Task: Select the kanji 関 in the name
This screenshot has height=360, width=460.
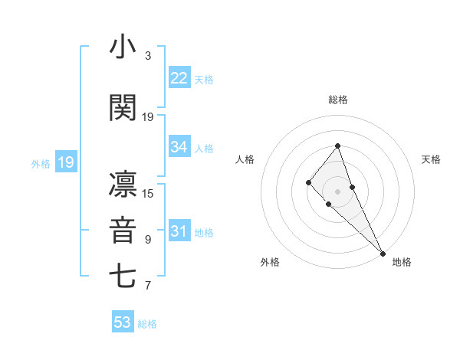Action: tap(123, 107)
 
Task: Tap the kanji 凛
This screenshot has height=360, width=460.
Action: tap(123, 184)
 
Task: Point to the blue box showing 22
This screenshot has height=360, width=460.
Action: tap(179, 77)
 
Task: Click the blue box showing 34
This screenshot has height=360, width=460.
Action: tap(179, 147)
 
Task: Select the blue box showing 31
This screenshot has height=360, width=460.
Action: tap(179, 231)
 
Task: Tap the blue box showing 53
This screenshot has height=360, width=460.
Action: tap(123, 322)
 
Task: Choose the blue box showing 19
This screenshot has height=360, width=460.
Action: tap(66, 162)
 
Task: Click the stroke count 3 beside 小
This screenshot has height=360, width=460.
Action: tap(147, 56)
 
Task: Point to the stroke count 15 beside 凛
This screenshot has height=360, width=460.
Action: tap(148, 193)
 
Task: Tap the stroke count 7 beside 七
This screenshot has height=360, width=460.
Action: tap(147, 286)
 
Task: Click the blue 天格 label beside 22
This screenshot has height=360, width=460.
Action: tap(204, 79)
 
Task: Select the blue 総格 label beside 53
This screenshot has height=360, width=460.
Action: tap(147, 324)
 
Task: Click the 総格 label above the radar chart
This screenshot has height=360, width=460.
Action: tap(337, 100)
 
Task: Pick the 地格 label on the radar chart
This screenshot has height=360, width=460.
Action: tap(402, 262)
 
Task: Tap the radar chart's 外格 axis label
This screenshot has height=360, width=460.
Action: tap(270, 262)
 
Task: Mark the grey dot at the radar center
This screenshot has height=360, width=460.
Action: tap(337, 191)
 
